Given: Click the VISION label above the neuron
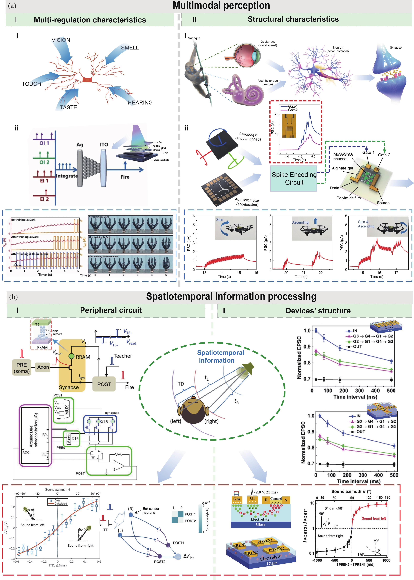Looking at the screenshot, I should (61, 40).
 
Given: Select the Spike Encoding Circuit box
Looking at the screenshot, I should (294, 179).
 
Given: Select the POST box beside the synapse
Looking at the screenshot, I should (104, 384).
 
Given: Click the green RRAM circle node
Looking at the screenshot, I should (72, 356).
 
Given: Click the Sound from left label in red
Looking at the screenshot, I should (374, 518).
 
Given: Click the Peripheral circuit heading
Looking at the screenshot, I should (111, 310).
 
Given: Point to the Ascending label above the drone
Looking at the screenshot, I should (300, 222).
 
